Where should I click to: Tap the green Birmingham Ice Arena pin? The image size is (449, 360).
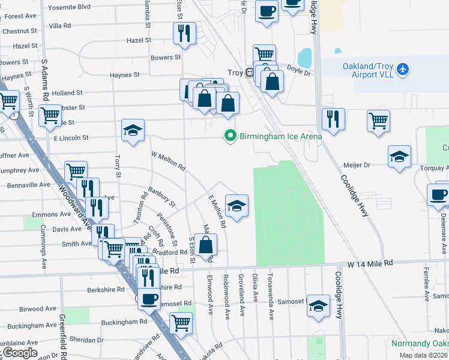(x=229, y=136)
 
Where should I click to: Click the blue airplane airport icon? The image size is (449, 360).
(x=402, y=70)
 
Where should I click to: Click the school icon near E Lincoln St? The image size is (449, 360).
(x=133, y=130)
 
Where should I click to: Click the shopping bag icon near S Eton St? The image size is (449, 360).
(x=205, y=244)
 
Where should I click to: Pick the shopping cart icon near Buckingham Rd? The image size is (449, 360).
(x=181, y=323)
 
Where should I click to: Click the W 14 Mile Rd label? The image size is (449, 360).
(x=370, y=263)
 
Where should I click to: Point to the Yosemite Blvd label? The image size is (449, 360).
(x=68, y=7)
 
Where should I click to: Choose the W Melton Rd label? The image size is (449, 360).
(x=167, y=161)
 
